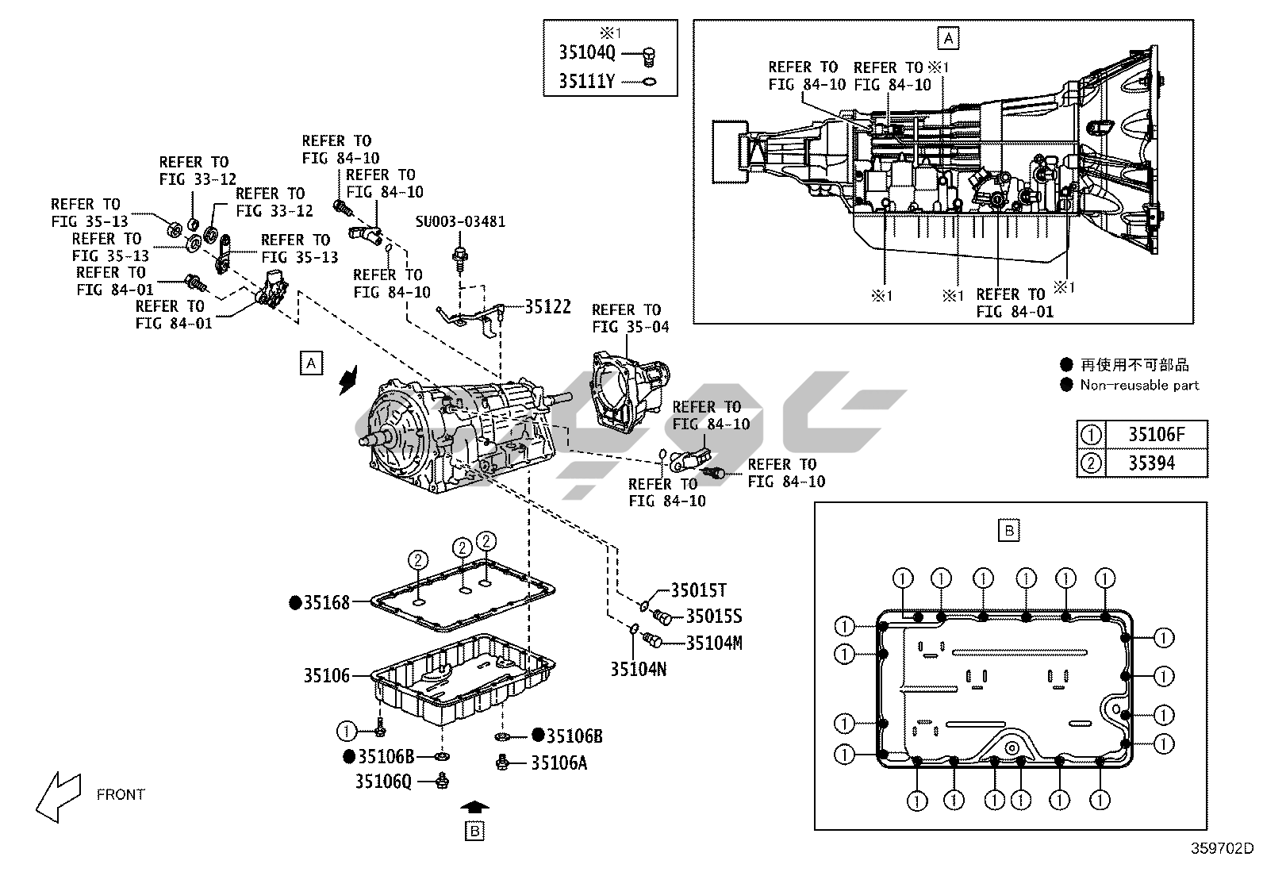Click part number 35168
pos(326,603)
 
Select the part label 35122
pos(547,306)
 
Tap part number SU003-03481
pos(460,221)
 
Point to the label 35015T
pos(698,590)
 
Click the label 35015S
pos(714,617)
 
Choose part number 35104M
pos(714,643)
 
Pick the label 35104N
pos(638,669)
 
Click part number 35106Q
pos(383,782)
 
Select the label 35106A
pos(559,763)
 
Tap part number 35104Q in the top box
pos(586,53)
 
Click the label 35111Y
pos(586,81)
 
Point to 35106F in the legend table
pos(1156,435)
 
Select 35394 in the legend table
pos(1152,463)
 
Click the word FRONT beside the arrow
pos(121,794)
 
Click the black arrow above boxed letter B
pos(474,807)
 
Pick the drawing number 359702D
pos(1221,847)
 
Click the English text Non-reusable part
pos(1139,386)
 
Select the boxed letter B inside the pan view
pos(1009,530)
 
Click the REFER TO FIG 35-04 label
pos(630,318)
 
